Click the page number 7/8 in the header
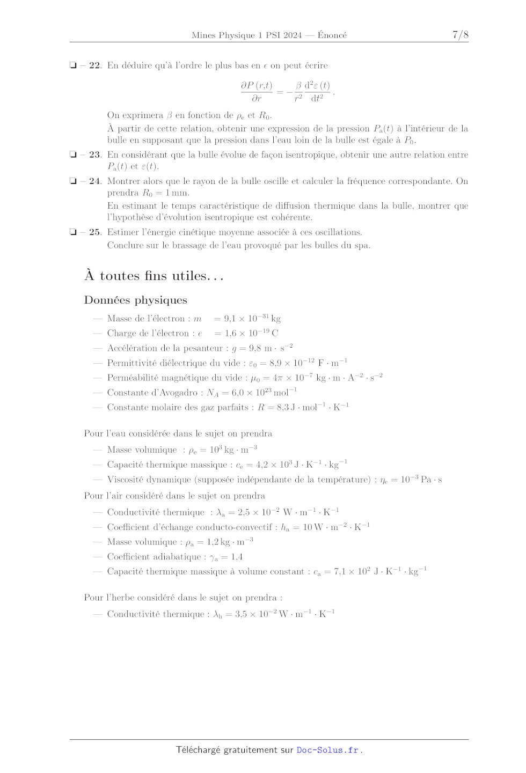(460, 35)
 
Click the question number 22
(94, 65)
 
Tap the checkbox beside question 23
(73, 154)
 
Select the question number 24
(94, 181)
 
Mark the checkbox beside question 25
(73, 232)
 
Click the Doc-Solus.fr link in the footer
(327, 750)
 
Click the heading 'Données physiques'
(136, 300)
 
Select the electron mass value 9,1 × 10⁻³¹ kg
(252, 319)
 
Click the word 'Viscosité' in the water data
(126, 480)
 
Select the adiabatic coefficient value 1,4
(237, 557)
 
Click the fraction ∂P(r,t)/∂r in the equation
(257, 92)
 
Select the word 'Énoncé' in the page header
(332, 35)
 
